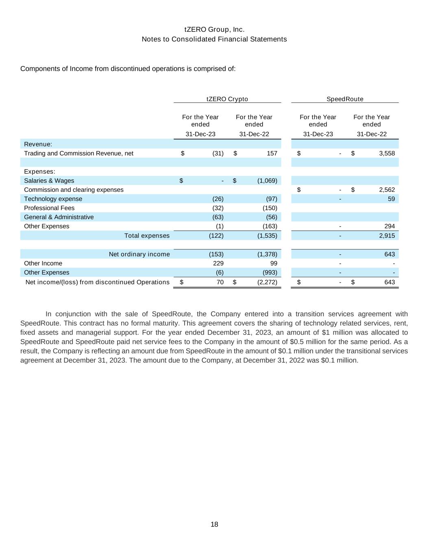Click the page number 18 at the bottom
[214, 525]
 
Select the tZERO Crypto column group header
[227, 99]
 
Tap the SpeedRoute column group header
[345, 99]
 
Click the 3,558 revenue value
[387, 153]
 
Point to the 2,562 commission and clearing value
[387, 190]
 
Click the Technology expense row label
[53, 199]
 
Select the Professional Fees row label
[49, 208]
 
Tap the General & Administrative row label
[59, 217]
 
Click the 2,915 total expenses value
[387, 236]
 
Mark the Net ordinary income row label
[139, 254]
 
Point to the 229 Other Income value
[218, 263]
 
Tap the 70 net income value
[220, 282]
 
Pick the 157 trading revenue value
[272, 153]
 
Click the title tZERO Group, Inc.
[214, 30]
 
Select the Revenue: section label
[38, 144]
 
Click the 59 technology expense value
[391, 199]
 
